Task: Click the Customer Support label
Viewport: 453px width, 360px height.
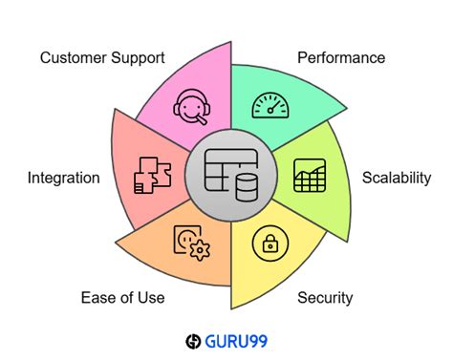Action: coord(102,58)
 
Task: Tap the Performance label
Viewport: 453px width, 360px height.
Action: coord(341,58)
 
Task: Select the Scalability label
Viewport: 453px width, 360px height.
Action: coord(397,178)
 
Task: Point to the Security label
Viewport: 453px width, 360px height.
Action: coord(325,298)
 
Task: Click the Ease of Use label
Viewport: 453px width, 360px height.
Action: coord(122,298)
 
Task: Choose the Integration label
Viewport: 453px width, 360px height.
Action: coord(64,178)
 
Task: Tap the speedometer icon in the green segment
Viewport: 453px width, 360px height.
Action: coord(270,106)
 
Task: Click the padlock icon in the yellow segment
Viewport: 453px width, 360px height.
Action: coord(270,244)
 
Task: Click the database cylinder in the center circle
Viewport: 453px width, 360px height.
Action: coord(247,187)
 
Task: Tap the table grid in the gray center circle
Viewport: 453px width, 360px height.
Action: coord(223,173)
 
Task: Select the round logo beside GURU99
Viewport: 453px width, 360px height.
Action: coord(193,340)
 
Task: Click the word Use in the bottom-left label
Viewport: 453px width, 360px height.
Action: coord(151,298)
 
